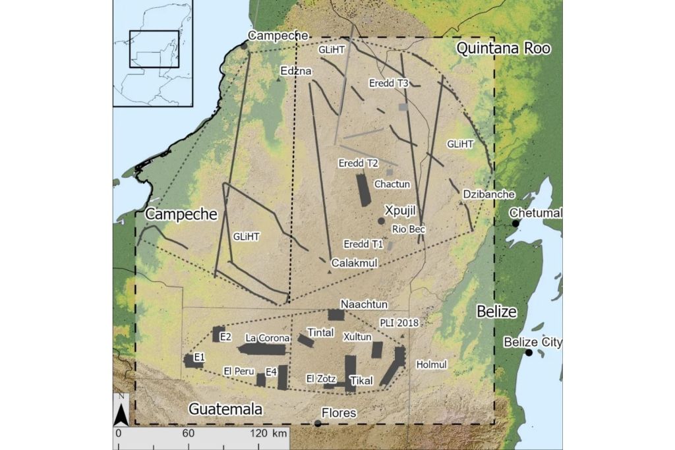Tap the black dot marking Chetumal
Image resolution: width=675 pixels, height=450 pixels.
tap(516, 223)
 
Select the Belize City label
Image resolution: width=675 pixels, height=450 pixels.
tap(533, 342)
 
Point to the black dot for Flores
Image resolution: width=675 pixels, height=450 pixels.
tap(318, 423)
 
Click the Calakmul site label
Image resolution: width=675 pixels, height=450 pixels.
tap(354, 262)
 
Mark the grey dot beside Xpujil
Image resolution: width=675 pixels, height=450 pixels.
tap(380, 221)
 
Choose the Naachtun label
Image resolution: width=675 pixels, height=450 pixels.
tap(364, 304)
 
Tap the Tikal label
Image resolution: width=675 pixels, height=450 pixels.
tap(361, 380)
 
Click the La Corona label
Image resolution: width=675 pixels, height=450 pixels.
tap(267, 338)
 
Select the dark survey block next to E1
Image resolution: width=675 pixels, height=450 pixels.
tap(191, 360)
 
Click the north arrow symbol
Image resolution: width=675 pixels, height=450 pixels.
tap(121, 411)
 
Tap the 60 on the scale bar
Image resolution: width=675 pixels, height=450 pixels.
tap(188, 434)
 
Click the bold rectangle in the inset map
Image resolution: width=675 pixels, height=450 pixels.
tap(154, 49)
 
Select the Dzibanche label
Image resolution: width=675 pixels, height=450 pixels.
tap(488, 194)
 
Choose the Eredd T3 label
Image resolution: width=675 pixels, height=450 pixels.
tap(388, 83)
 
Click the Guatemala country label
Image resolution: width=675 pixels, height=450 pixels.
tap(225, 409)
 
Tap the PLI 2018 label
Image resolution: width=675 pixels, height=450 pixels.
tap(399, 322)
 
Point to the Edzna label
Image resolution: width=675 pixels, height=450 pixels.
tap(296, 70)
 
